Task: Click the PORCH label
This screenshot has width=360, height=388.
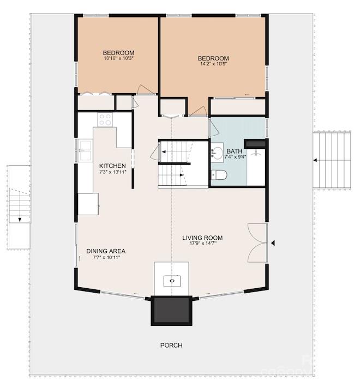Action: point(171,345)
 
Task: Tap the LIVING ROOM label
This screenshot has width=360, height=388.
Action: point(202,238)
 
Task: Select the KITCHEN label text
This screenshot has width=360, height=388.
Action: point(112,166)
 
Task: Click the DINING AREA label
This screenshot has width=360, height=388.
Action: point(106,251)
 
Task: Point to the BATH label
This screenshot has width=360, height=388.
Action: point(235,151)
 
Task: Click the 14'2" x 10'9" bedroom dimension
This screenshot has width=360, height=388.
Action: point(214,64)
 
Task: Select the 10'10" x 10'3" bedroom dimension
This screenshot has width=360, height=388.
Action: point(119,58)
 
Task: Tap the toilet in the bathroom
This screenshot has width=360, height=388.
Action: point(219,175)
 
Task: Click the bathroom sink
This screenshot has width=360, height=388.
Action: point(217,153)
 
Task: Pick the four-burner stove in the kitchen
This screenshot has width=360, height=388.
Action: point(105,119)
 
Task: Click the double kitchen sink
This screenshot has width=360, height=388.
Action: point(86,150)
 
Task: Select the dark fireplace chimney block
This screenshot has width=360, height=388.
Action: point(171,311)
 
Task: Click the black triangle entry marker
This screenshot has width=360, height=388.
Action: point(273,243)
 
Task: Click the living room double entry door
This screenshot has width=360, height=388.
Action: point(258,243)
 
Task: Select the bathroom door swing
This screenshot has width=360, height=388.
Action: point(213,128)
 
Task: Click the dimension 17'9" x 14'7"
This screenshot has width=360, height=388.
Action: point(203,243)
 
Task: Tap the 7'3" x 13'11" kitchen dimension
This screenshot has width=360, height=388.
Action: point(113,172)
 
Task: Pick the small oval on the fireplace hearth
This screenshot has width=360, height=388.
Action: point(172,281)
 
